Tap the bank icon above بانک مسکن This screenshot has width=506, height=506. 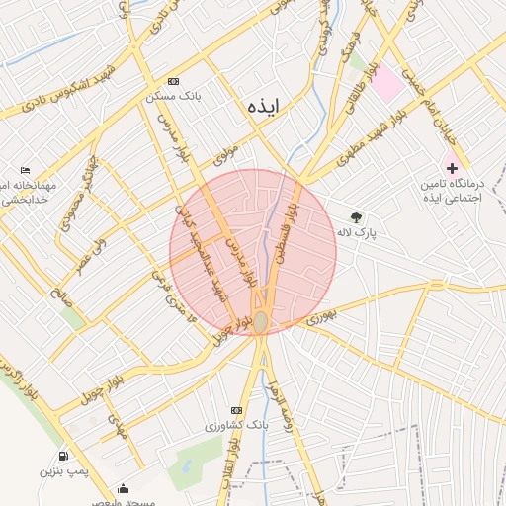pyautogui.click(x=174, y=81)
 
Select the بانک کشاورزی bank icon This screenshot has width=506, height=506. pyautogui.click(x=235, y=410)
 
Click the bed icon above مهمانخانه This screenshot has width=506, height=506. pyautogui.click(x=25, y=170)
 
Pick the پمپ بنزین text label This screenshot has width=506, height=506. pyautogui.click(x=64, y=472)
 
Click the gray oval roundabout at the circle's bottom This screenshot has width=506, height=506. pyautogui.click(x=260, y=322)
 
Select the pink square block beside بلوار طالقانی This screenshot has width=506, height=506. pyautogui.click(x=388, y=85)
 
